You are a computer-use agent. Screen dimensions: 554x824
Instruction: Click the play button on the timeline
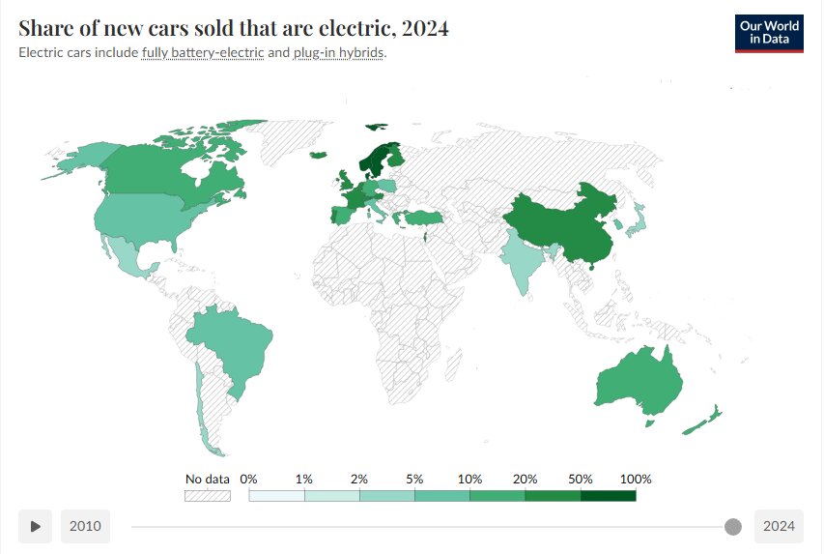[x=35, y=526]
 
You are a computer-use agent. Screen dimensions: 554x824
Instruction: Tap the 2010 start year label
[x=85, y=526]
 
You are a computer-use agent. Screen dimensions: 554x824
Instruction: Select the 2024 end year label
[x=779, y=526]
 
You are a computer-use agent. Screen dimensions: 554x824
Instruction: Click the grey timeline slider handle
[x=733, y=527]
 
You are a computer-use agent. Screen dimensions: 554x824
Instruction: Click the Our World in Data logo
[x=769, y=33]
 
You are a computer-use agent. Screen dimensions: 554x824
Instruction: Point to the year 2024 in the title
[x=427, y=29]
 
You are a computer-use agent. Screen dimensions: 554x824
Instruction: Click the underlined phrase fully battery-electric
[x=203, y=52]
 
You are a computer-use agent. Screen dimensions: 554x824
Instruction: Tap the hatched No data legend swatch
[x=208, y=495]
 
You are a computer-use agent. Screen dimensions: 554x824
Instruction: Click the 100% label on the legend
[x=636, y=479]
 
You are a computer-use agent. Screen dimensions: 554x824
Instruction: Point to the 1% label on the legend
[x=304, y=479]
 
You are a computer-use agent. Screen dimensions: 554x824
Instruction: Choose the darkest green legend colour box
[x=609, y=495]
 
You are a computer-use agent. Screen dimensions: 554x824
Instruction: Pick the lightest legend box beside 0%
[x=276, y=495]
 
